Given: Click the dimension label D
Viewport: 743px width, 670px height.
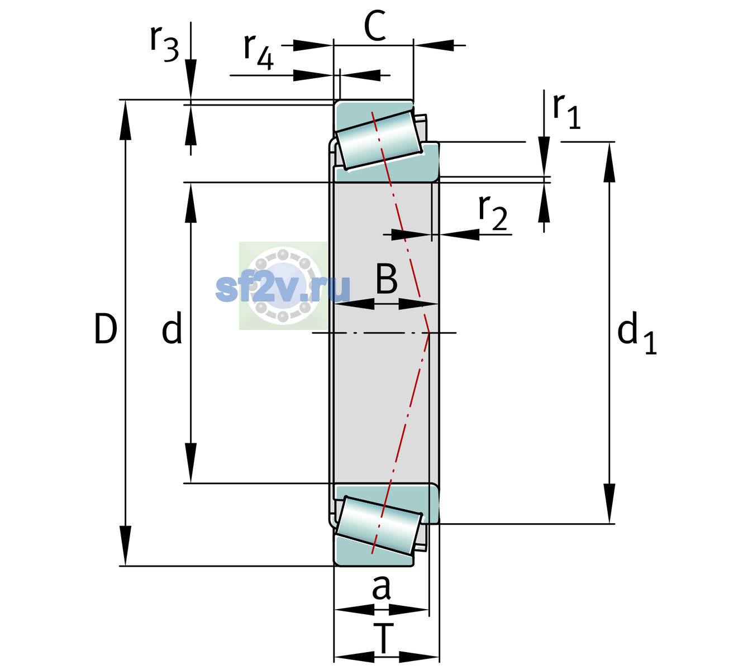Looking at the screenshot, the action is tap(106, 329).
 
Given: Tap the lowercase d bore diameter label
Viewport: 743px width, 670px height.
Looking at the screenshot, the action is tap(172, 328).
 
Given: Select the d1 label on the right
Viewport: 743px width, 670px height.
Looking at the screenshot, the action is tap(636, 332).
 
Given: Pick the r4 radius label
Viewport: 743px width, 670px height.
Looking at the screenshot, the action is tap(259, 52).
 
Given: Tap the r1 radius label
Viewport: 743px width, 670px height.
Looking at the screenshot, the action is tap(566, 111).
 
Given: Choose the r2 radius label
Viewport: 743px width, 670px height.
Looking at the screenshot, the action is tap(493, 212).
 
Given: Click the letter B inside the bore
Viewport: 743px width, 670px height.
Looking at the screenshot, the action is tap(387, 279).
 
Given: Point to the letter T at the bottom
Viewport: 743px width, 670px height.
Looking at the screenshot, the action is tap(384, 639).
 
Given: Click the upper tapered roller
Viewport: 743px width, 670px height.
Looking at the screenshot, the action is tap(379, 140).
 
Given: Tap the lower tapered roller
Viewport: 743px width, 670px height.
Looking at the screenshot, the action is tap(379, 525).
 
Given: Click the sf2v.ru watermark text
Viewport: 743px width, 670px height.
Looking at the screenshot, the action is tap(283, 288).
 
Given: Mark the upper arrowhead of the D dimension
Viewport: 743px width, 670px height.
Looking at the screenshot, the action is tap(125, 120).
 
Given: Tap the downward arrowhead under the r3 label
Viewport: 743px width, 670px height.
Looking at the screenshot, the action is tap(190, 79).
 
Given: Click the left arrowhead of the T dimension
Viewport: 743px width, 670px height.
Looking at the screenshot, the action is tap(354, 658).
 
